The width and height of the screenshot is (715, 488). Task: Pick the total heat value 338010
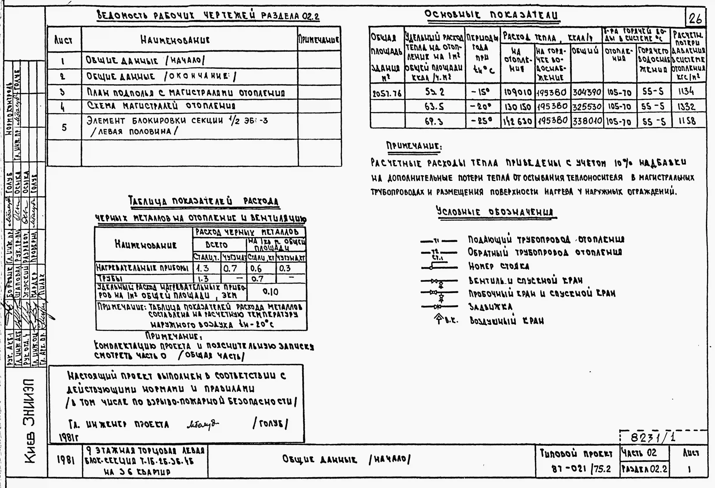[587, 121]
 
